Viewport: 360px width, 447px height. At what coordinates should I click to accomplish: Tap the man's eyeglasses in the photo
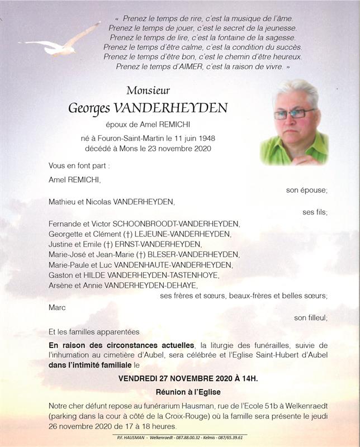(295, 114)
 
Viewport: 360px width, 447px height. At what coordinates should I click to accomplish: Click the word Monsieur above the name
(148, 90)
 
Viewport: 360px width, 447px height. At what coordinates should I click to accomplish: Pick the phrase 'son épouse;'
(306, 191)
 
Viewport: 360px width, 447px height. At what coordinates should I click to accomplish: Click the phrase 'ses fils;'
(315, 212)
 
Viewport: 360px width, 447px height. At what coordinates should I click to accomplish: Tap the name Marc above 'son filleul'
(57, 307)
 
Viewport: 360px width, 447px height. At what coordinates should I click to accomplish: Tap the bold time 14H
(249, 379)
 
